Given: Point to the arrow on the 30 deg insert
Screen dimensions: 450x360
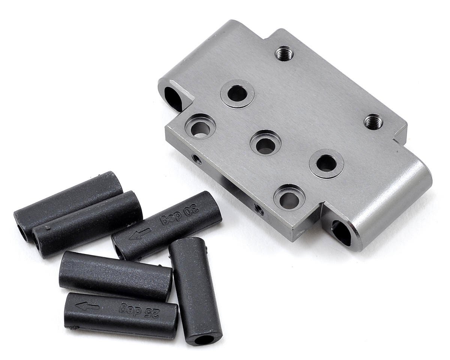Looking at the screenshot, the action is [x=139, y=234].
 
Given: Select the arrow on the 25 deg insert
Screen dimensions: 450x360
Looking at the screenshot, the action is [x=87, y=306].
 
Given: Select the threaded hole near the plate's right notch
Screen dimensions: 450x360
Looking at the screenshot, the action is [x=373, y=122].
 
